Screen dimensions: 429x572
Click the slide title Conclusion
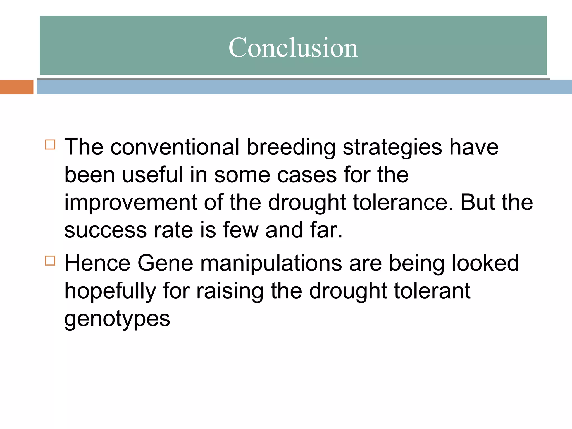(x=293, y=47)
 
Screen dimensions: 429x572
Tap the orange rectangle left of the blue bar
(x=16, y=87)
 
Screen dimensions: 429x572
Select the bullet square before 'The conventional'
(x=50, y=145)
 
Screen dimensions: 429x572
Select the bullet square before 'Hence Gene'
(x=50, y=261)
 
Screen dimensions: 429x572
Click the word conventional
(x=175, y=147)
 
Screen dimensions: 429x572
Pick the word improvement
(x=130, y=203)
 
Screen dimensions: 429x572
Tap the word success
(x=106, y=230)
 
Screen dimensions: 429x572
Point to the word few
(x=240, y=230)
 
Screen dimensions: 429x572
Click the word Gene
(x=165, y=263)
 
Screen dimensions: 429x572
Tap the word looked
(x=485, y=263)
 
